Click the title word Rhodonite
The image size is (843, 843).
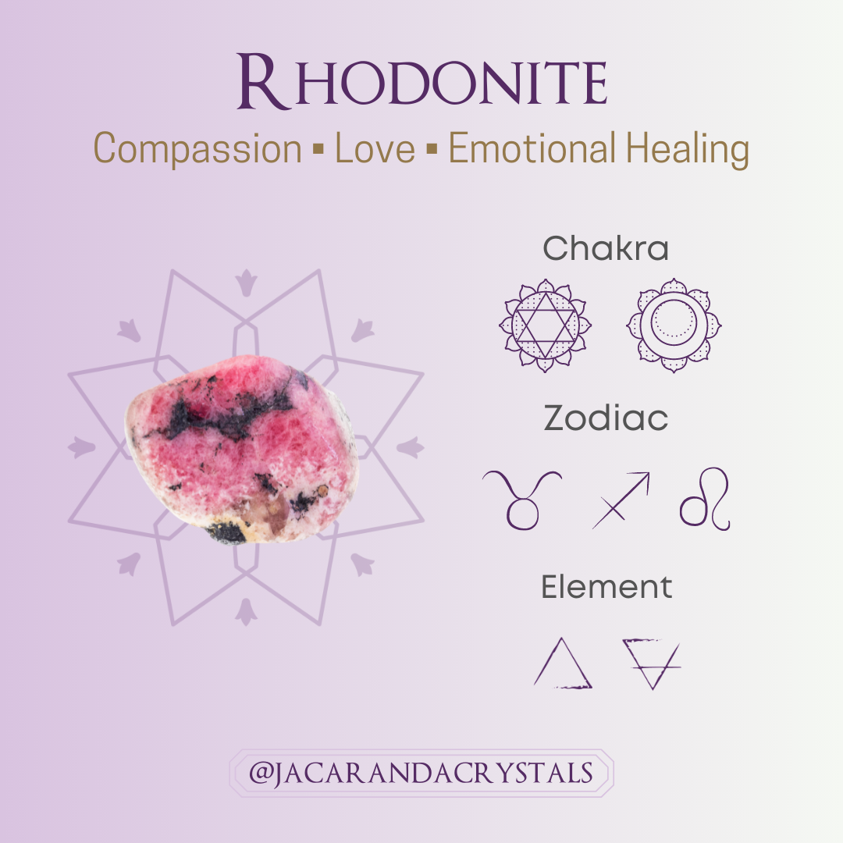point(422,81)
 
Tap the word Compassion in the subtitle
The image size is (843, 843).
point(197,148)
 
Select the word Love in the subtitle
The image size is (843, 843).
point(375,148)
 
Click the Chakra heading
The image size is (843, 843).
point(606,249)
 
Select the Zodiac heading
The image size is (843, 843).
point(606,419)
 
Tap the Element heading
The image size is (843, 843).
point(606,587)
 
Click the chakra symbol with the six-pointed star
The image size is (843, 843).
point(546,325)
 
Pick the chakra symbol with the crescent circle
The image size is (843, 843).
point(674,325)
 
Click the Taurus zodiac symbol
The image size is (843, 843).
point(522,499)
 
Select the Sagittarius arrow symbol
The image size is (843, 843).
point(621,500)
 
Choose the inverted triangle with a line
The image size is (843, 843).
point(650,663)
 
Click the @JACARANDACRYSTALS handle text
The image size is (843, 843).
point(421,774)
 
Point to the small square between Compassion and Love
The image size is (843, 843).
point(318,148)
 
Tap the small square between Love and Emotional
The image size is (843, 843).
point(431,148)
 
